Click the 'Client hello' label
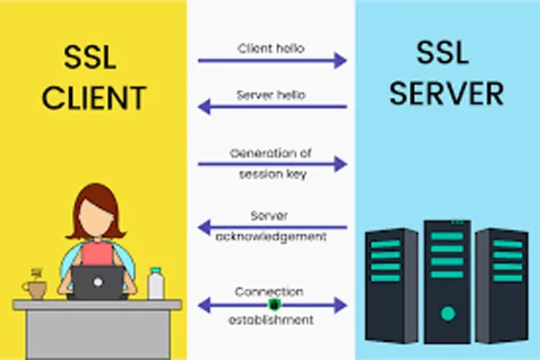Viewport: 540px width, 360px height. tap(271, 49)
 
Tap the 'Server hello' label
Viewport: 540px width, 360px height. tap(271, 95)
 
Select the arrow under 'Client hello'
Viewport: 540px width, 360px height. tap(272, 60)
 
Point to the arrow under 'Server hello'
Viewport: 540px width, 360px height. tap(272, 107)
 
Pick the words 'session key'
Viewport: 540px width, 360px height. tap(273, 175)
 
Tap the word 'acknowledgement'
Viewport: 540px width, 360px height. tap(271, 237)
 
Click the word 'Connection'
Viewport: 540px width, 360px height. tap(269, 292)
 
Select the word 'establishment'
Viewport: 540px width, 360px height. tap(271, 320)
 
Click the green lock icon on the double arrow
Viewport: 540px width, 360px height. tap(274, 304)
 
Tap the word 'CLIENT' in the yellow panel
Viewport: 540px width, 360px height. tap(94, 98)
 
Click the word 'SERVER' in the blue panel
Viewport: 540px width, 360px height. tap(446, 93)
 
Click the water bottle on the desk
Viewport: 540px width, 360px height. tap(156, 283)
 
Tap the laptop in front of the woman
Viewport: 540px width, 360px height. tap(97, 283)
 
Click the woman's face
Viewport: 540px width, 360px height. tap(95, 217)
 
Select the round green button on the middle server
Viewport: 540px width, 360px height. tap(447, 313)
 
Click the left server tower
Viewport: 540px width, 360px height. tap(391, 285)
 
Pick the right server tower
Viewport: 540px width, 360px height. tap(502, 285)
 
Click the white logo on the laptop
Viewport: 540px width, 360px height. tap(98, 282)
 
